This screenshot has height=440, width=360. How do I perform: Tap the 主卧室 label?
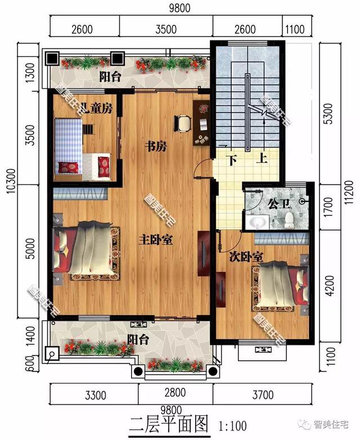pos(156,240)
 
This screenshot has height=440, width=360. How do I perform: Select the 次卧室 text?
pos(246,257)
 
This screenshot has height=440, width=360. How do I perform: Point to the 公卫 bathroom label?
pos(277,201)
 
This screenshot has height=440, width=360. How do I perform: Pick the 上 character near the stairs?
pos(261,160)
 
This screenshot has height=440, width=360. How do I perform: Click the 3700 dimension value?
pos(263,395)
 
